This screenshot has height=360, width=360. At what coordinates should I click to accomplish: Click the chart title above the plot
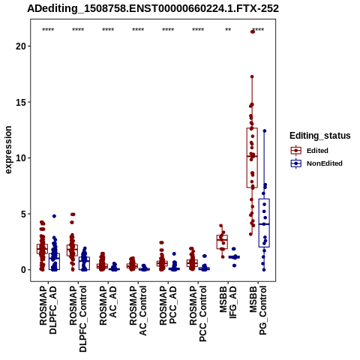coord(153,9)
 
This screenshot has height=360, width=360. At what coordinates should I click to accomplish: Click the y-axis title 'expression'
coord(8,150)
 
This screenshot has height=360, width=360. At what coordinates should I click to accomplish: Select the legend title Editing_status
coord(320,136)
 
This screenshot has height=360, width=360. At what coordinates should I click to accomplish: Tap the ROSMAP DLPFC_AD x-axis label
coord(48,310)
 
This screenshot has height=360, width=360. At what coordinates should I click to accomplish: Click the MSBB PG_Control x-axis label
coord(258,310)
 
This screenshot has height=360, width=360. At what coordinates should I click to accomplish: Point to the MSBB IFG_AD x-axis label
coord(228,302)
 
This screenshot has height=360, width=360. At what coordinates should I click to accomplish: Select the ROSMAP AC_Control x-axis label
coord(138,310)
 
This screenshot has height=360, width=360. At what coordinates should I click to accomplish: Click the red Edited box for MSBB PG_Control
coord(252,157)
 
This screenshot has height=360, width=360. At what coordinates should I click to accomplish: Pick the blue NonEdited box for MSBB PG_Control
coord(264,223)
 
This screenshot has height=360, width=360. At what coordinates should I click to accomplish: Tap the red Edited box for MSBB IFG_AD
coord(222,242)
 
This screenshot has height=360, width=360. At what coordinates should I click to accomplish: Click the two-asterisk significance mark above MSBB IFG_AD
coord(228,30)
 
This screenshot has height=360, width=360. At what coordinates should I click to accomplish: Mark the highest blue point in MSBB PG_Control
coord(265,130)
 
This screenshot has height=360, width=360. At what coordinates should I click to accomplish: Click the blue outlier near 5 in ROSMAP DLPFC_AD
coord(54,216)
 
